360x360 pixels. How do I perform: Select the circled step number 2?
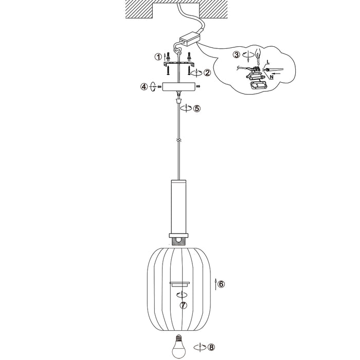(207, 73)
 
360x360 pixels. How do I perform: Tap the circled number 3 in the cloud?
(236, 54)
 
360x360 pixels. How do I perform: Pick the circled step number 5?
(196, 109)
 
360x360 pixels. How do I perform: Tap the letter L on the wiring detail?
(267, 62)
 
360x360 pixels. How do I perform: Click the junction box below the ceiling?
(189, 38)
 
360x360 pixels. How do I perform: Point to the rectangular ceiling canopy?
(178, 87)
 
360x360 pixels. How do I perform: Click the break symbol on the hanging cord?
(178, 139)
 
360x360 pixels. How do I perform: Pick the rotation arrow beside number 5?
(187, 109)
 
